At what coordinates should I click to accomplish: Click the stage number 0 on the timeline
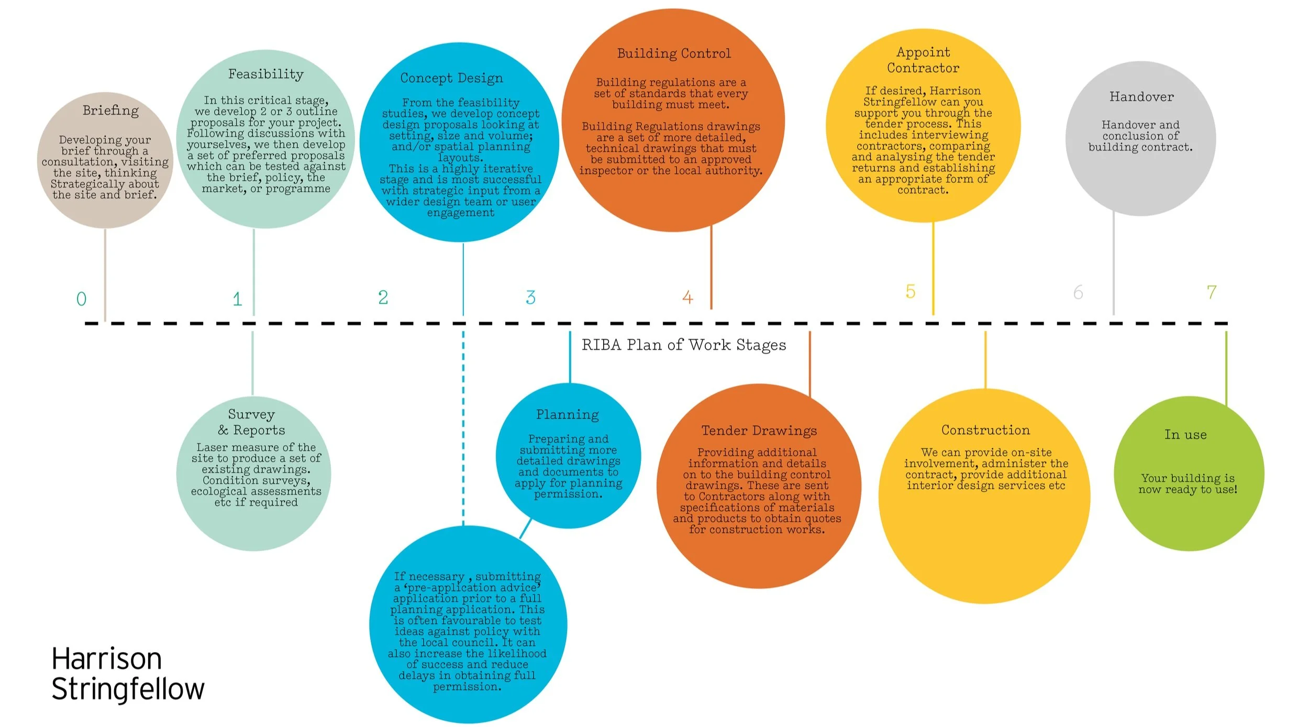(81, 299)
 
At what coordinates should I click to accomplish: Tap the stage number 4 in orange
(687, 298)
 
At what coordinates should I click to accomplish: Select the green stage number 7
(1211, 292)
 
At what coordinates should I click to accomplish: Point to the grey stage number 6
(1078, 292)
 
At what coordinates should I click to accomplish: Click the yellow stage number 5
(911, 291)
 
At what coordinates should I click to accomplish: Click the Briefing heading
(110, 111)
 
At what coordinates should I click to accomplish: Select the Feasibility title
(265, 74)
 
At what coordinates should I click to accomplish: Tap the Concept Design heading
(451, 78)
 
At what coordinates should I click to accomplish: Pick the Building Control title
(674, 53)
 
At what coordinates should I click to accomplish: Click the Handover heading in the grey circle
(1141, 97)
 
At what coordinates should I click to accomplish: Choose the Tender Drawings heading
(759, 431)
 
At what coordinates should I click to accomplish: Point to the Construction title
(985, 430)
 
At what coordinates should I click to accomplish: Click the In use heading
(1185, 435)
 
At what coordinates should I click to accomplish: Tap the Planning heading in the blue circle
(567, 415)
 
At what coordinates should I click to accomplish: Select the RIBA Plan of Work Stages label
(684, 345)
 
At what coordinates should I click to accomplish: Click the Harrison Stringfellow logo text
(127, 674)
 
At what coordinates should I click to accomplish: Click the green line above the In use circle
(1226, 367)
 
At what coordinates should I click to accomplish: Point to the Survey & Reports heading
(252, 422)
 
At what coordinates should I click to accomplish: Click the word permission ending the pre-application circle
(467, 687)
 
